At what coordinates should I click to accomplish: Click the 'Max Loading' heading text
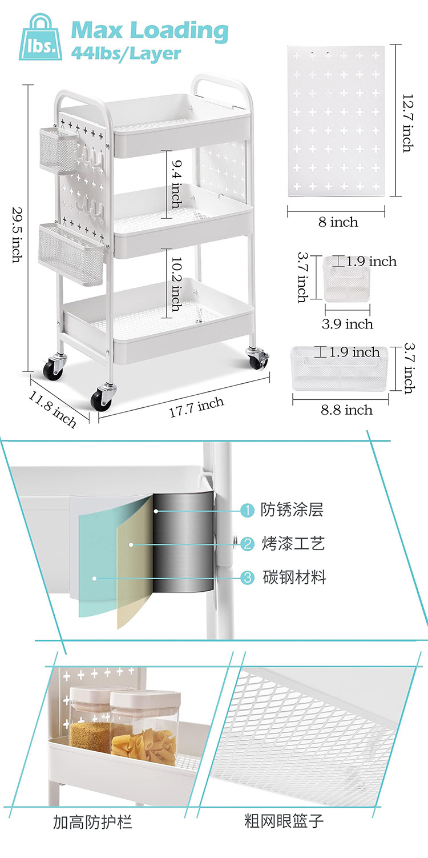pos(150,30)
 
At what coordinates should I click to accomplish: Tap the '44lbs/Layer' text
pos(126,54)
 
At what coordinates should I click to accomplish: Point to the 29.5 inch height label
pos(18,234)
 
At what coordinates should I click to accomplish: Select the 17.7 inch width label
pos(196,408)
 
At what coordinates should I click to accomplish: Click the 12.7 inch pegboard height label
pos(407,123)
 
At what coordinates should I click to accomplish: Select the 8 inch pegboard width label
pos(338,222)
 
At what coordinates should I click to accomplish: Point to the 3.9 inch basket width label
pos(348,324)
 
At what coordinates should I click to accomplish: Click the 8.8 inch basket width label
pos(347,410)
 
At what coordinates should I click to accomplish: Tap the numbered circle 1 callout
pos(247,510)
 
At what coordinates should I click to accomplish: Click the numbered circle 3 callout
pos(247,578)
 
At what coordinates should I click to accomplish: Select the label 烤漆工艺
pos(293,543)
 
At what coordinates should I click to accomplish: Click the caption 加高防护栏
pos(92,822)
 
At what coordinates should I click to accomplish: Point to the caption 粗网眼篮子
pos(284,822)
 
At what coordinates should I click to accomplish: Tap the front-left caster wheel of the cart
pos(103,398)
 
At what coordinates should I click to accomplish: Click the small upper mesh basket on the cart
pos(56,150)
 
